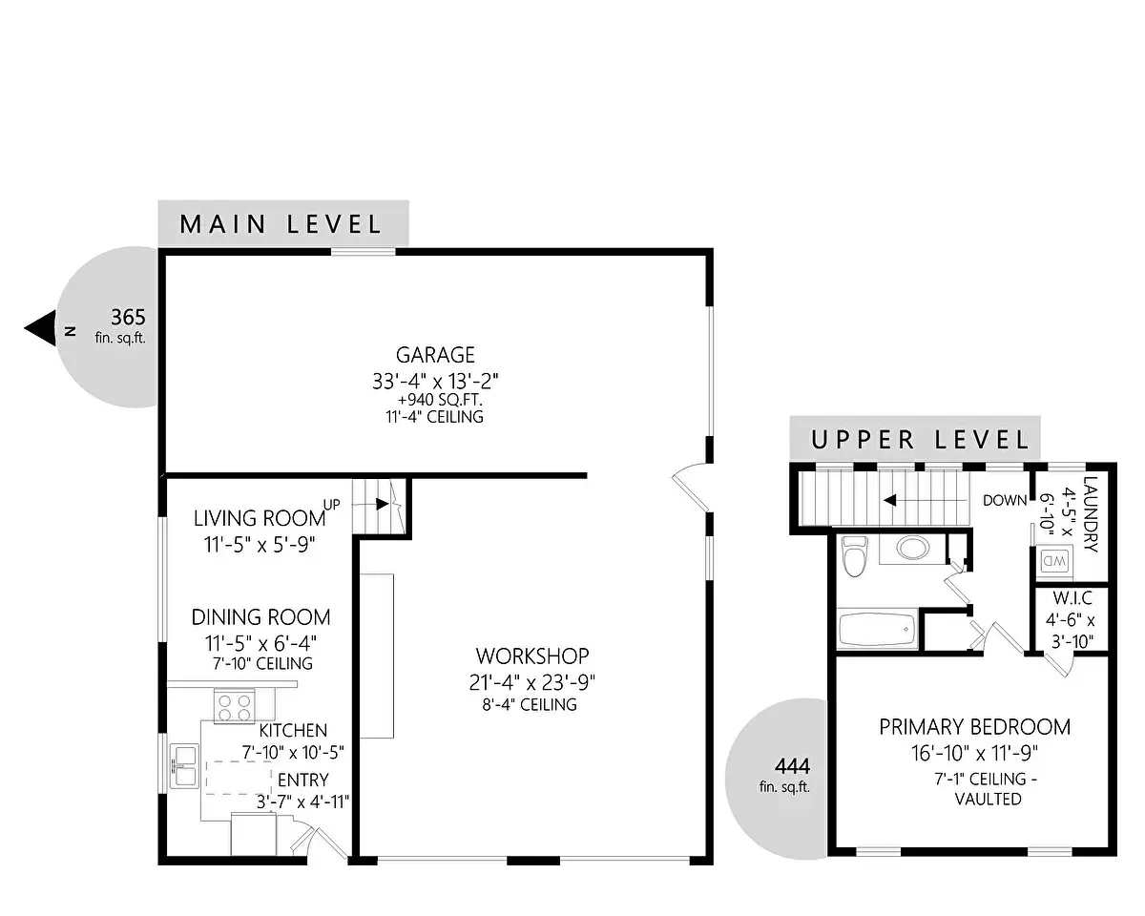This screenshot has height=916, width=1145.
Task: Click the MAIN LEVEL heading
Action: click(x=281, y=224)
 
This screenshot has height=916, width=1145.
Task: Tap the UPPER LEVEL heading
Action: click(x=920, y=440)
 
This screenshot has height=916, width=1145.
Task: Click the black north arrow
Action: click(x=40, y=328)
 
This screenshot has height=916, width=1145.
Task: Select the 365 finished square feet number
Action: click(x=128, y=317)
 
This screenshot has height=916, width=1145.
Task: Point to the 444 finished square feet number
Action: click(x=792, y=766)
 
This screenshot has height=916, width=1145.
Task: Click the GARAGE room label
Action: click(x=435, y=355)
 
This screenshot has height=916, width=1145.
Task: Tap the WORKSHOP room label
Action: click(x=532, y=656)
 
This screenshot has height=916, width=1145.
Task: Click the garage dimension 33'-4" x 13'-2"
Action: click(x=435, y=381)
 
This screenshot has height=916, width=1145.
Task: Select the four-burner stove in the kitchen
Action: click(x=235, y=706)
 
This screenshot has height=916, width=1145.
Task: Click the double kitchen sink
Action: click(x=183, y=766)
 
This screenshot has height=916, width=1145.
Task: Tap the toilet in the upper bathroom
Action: click(x=855, y=556)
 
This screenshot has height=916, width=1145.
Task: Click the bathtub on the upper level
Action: click(x=877, y=629)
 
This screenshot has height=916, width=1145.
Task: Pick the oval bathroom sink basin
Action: click(x=913, y=548)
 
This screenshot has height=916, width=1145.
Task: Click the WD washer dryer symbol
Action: click(x=1054, y=560)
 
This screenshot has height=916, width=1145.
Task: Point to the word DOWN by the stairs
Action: click(x=1005, y=500)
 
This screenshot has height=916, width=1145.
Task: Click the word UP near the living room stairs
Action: click(x=331, y=505)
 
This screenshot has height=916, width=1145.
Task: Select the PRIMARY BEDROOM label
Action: click(x=975, y=726)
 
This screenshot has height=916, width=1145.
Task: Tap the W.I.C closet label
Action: click(x=1072, y=597)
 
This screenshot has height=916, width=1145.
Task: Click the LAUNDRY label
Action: click(x=1091, y=513)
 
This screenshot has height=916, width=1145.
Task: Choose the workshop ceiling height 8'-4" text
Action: click(x=530, y=704)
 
